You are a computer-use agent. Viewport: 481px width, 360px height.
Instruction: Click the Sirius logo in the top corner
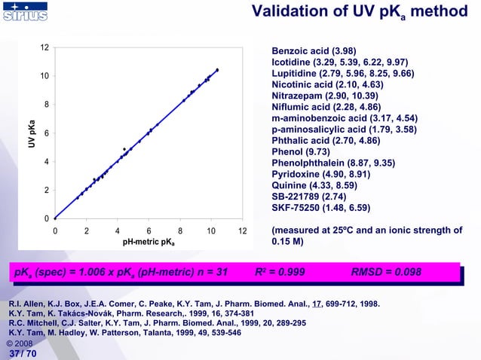pyautogui.click(x=25, y=13)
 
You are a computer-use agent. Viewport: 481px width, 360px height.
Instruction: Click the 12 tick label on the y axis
pyautogui.click(x=45, y=47)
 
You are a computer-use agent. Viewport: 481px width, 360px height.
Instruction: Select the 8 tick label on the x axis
pyautogui.click(x=180, y=230)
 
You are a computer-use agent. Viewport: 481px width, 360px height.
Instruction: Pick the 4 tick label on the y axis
pyautogui.click(x=47, y=162)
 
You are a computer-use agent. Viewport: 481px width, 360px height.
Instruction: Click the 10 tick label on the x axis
pyautogui.click(x=211, y=230)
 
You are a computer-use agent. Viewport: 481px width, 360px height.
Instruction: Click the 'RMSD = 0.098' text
pyautogui.click(x=386, y=272)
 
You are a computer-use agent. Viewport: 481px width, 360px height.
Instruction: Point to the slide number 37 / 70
pyautogui.click(x=22, y=352)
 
